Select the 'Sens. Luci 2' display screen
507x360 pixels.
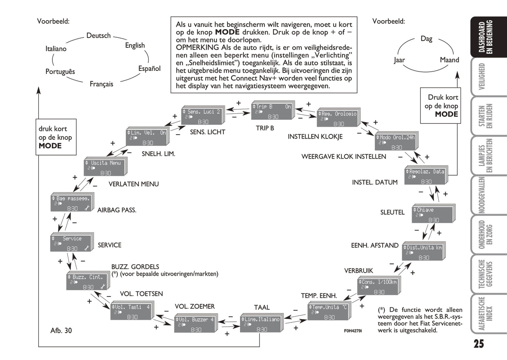203,116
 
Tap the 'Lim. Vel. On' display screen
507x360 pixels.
147,138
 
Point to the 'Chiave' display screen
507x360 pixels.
433,215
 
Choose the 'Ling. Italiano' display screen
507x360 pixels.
261,324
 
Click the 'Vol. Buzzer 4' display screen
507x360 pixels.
195,324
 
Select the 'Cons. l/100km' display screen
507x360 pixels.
378,287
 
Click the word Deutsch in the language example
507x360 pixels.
99,35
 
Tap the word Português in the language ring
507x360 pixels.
60,72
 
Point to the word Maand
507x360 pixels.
449,60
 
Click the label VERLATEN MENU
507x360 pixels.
134,184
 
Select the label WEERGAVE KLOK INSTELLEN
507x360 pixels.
343,156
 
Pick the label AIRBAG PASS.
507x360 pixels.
117,210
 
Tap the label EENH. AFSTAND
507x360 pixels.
375,245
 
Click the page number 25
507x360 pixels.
479,344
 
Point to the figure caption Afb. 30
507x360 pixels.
61,330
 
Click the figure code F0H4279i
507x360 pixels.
353,331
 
